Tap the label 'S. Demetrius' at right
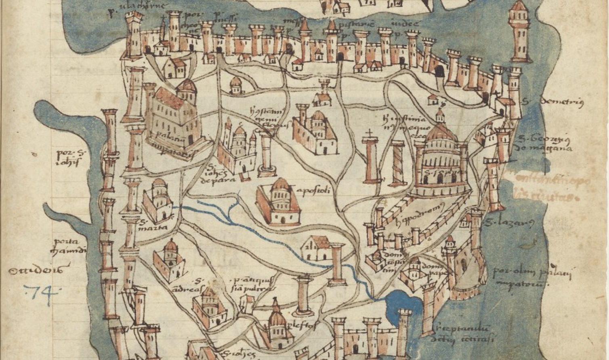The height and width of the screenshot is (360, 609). coord(552,102)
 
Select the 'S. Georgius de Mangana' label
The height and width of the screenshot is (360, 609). coord(544,144)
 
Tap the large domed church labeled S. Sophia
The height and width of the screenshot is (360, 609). coord(441,162)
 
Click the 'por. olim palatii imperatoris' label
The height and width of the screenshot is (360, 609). coord(531,277)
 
